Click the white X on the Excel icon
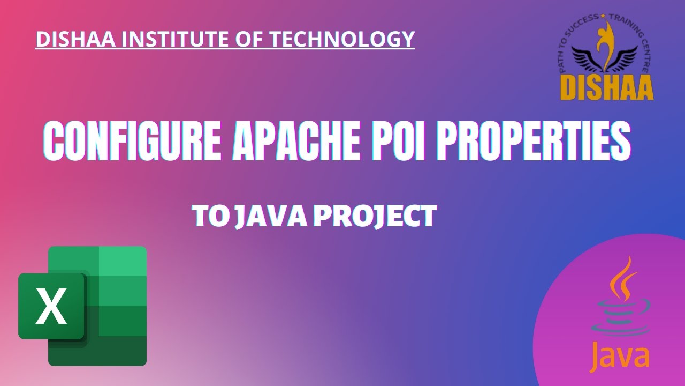click(x=51, y=306)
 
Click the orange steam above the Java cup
click(x=621, y=279)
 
